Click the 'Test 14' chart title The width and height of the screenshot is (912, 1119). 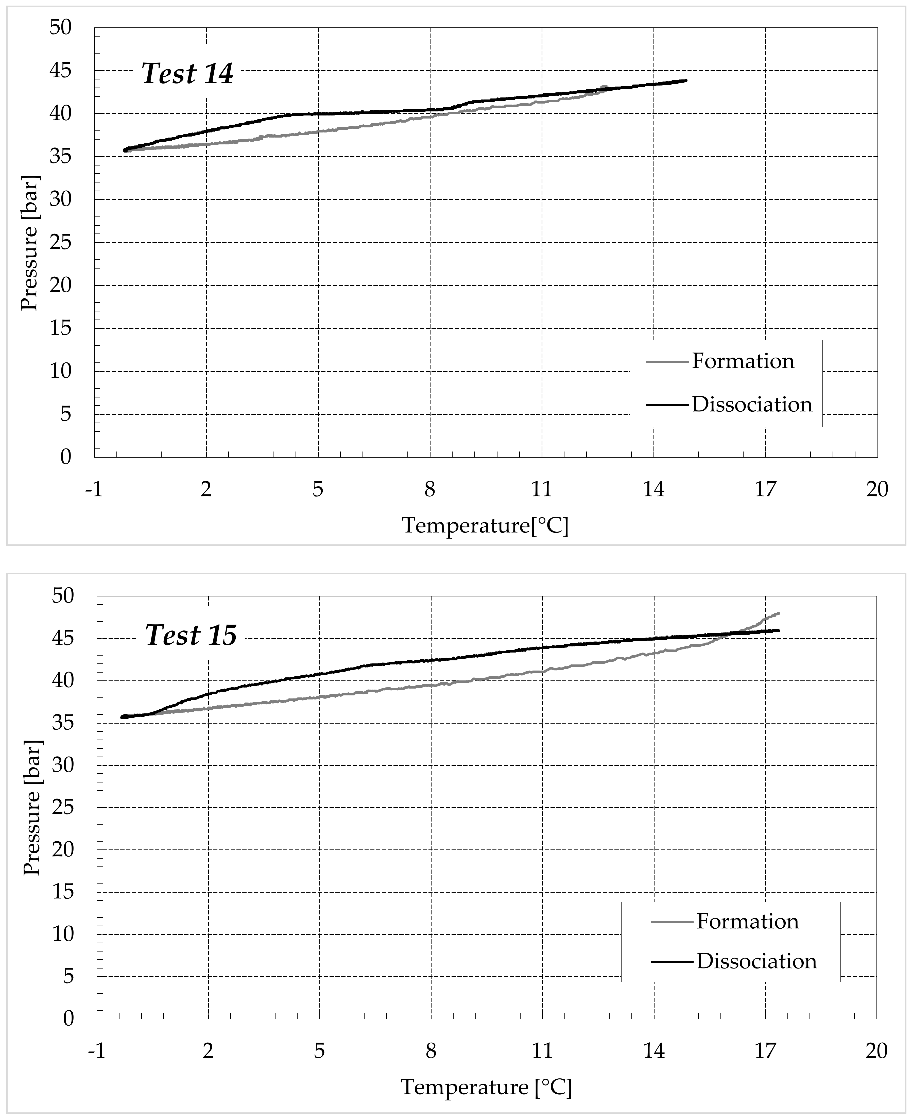pos(187,74)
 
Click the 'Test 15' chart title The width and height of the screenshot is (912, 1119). pos(191,635)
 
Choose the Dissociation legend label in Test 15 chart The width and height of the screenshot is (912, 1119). pos(756,961)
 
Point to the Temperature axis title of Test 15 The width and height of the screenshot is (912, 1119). pos(486,1087)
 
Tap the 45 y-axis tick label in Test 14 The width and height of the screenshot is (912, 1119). pos(60,71)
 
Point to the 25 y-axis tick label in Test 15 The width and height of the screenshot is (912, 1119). pos(62,808)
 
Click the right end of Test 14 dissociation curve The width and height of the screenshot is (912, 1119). pos(686,80)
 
